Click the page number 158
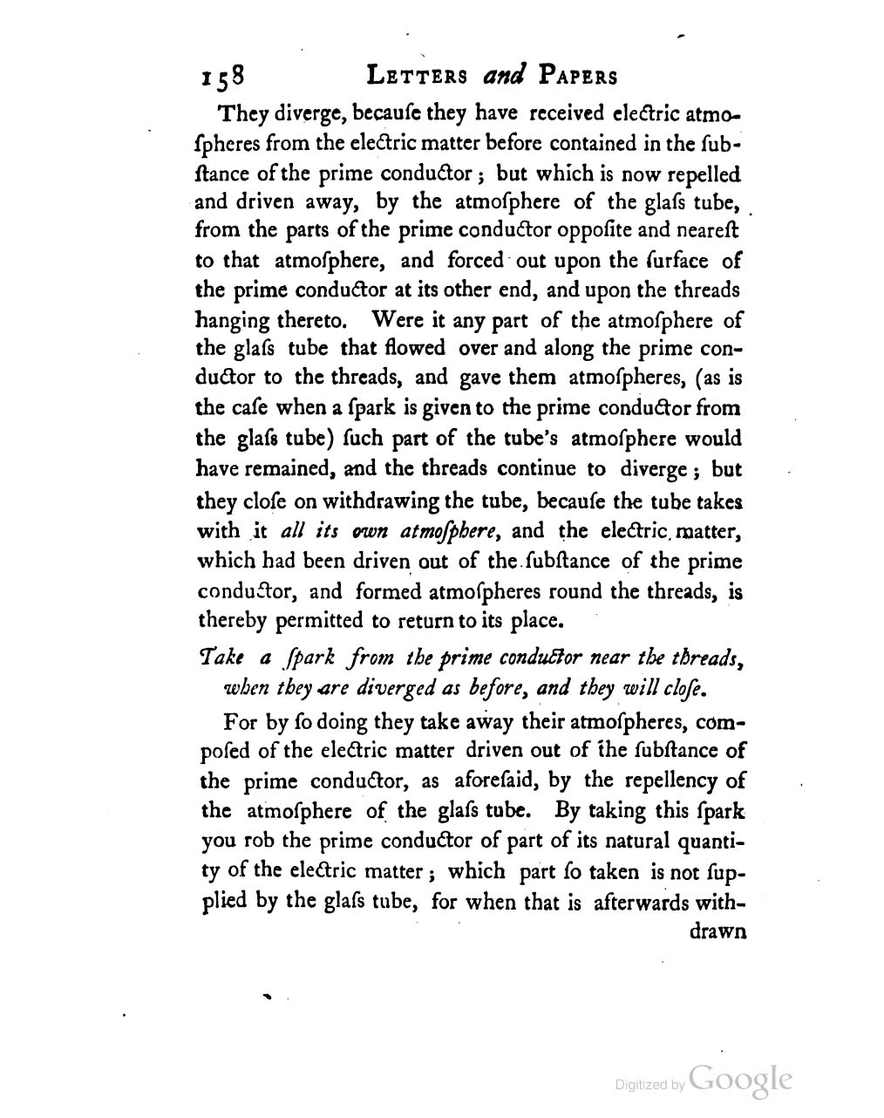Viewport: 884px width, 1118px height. pyautogui.click(x=224, y=78)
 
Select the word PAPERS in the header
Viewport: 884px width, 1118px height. pyautogui.click(x=577, y=77)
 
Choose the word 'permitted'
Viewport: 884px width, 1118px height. pyautogui.click(x=316, y=622)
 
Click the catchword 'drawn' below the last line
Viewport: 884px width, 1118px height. pyautogui.click(x=717, y=931)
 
